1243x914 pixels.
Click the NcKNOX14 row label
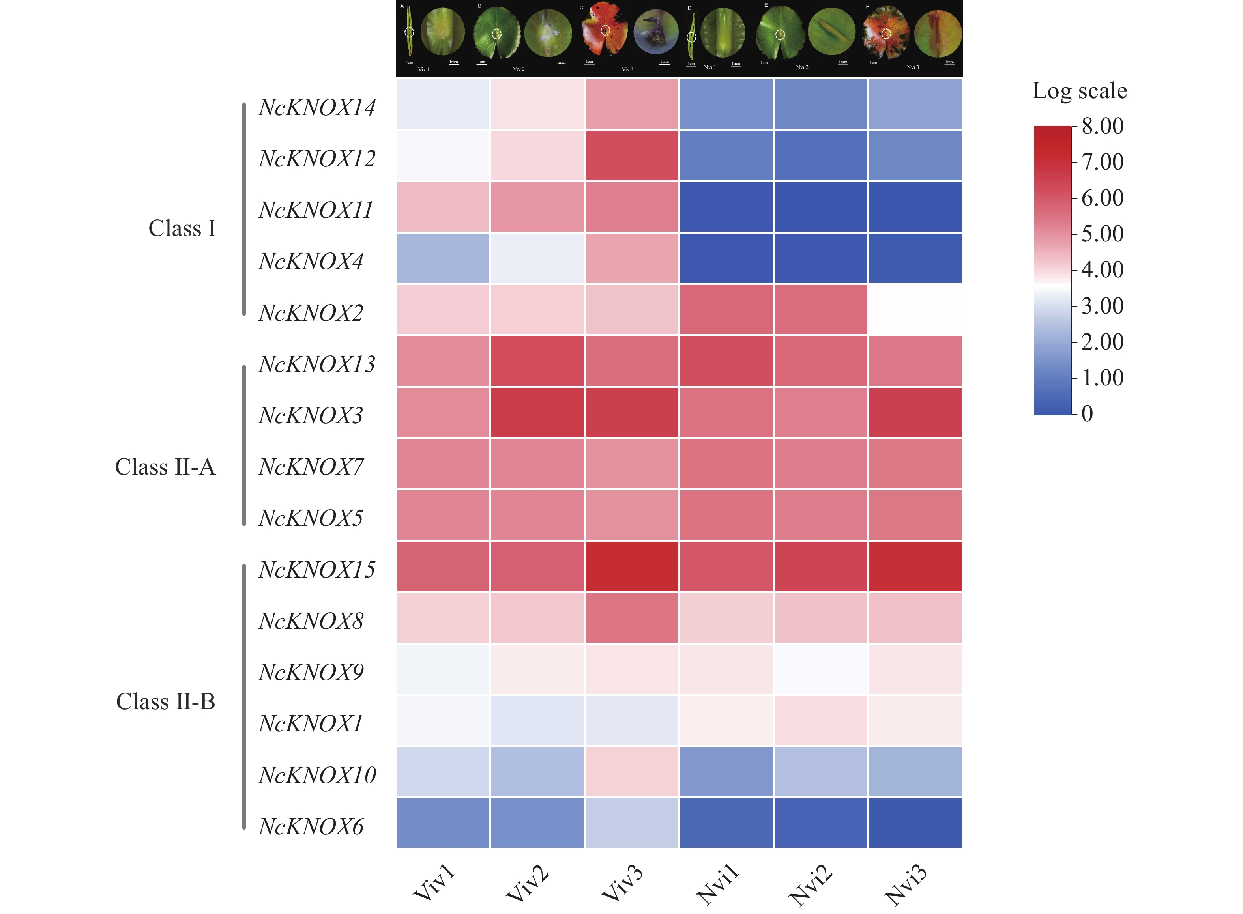316,107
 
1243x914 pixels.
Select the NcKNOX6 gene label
311,826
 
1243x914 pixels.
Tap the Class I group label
182,228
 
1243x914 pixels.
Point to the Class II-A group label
165,467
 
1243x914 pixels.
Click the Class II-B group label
165,701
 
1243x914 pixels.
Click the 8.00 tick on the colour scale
1103,126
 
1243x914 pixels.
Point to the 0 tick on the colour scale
1087,413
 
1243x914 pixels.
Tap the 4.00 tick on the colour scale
1103,269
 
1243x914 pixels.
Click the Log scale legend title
1079,91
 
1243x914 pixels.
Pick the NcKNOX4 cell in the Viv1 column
443,258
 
